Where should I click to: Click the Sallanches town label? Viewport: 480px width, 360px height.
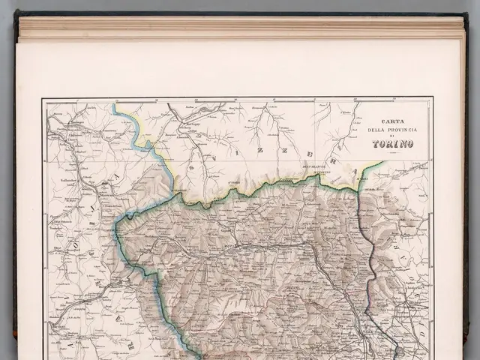tap(64, 181)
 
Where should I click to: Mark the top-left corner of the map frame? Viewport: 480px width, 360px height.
tap(43, 99)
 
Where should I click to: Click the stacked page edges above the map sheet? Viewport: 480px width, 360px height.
tap(240, 28)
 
